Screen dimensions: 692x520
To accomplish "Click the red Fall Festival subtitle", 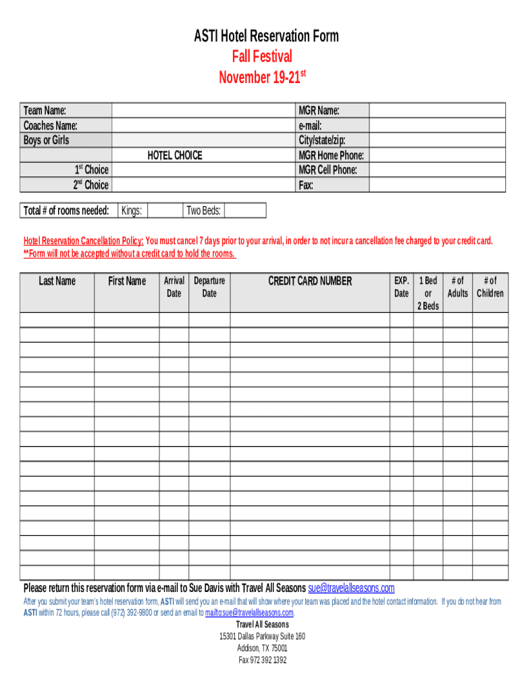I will coord(263,57).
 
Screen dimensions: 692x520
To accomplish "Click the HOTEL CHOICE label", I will coord(175,155).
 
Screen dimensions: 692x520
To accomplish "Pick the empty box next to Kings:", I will coord(164,211).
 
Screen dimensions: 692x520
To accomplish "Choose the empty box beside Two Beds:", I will coord(244,211).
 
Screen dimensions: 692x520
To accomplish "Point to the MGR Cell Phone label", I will coord(328,170).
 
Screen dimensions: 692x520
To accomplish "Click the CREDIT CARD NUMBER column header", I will coord(310,281).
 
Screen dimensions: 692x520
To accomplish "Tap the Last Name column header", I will coord(57,281).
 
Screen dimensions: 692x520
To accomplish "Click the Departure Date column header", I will coord(209,287).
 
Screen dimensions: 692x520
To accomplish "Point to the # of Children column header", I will coord(490,287).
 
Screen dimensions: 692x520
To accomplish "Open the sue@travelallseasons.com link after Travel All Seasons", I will coord(351,588).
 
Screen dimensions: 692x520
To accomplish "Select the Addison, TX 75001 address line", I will coord(262,648).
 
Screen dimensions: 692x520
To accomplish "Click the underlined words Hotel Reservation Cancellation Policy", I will coord(83,241).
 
